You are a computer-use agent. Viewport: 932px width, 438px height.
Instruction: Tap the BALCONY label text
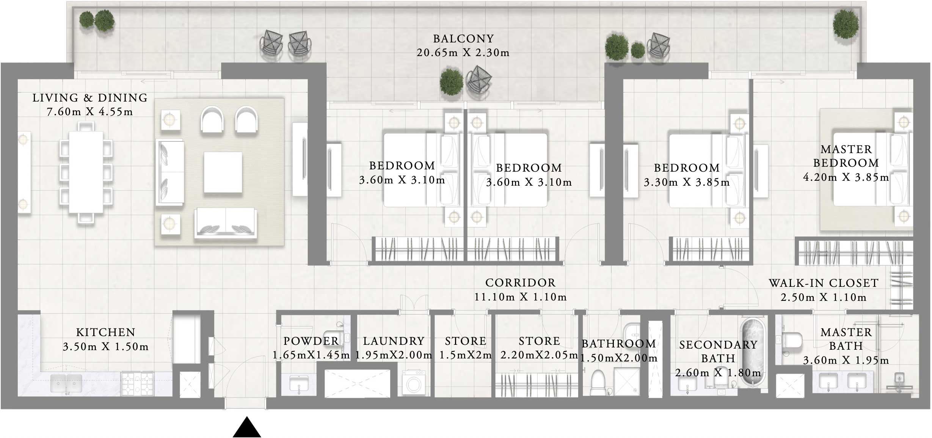click(463, 39)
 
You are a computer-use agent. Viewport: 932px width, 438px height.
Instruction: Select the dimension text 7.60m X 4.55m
click(90, 112)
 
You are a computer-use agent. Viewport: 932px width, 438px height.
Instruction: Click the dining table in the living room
click(86, 172)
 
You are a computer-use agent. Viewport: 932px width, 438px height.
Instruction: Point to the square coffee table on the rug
click(223, 172)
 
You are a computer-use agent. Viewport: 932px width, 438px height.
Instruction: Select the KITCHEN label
click(106, 332)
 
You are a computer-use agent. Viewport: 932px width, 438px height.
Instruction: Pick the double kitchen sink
click(66, 383)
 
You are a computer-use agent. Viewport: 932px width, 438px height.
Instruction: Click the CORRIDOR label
click(520, 283)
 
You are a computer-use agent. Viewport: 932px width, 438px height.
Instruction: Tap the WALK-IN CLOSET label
click(824, 283)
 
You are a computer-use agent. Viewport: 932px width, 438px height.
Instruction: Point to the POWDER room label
click(311, 341)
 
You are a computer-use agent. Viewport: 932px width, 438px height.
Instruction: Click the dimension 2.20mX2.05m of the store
click(539, 355)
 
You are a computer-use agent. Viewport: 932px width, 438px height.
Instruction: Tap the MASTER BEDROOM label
click(846, 156)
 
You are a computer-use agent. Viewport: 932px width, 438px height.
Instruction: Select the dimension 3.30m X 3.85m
click(687, 182)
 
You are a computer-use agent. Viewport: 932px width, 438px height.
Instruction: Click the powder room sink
click(299, 383)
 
